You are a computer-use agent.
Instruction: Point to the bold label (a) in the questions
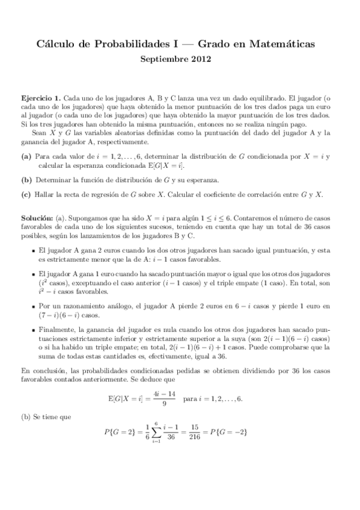click(26, 156)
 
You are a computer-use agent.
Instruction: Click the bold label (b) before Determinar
click(26, 180)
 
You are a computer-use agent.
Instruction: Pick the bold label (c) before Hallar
click(26, 195)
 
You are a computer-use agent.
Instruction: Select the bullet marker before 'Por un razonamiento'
click(32, 306)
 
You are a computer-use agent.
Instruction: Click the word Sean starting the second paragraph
click(40, 132)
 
